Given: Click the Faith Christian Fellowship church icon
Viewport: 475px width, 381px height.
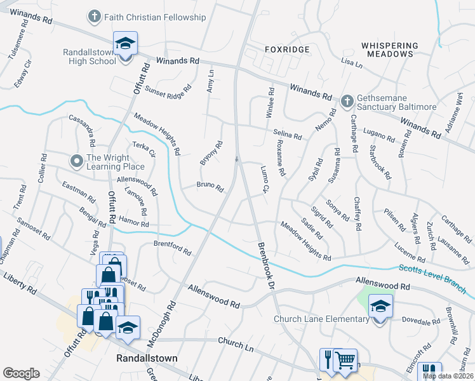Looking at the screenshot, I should point(94,16).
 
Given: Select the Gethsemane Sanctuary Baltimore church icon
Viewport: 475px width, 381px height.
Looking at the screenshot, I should point(347,101).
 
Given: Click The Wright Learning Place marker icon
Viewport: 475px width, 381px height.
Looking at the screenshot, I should point(77,161).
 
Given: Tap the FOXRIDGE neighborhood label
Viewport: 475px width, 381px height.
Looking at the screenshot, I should point(287,49).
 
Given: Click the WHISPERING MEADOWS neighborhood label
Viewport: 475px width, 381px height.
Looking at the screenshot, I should point(389,50).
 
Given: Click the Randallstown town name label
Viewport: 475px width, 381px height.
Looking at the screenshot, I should point(147,358).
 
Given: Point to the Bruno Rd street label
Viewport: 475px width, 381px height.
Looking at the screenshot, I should point(210,187).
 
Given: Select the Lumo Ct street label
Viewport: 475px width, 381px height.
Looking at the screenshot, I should point(265,178).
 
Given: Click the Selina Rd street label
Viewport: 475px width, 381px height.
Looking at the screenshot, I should point(287,135).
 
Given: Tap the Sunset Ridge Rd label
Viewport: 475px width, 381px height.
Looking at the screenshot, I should point(168,93).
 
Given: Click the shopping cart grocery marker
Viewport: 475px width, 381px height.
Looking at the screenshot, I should point(345,361).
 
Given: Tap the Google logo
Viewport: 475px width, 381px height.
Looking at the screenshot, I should point(21,373).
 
